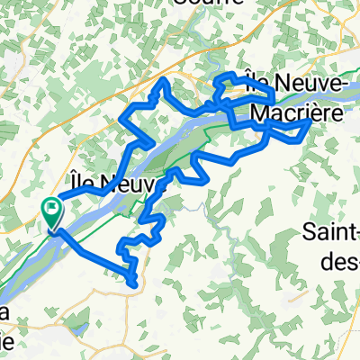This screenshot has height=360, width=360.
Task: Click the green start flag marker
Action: click(x=51, y=211)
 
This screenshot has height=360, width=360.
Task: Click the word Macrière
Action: click(x=297, y=112)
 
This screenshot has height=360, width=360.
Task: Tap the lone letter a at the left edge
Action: click(x=5, y=310)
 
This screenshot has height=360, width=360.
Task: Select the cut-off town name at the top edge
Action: click(x=211, y=4)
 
